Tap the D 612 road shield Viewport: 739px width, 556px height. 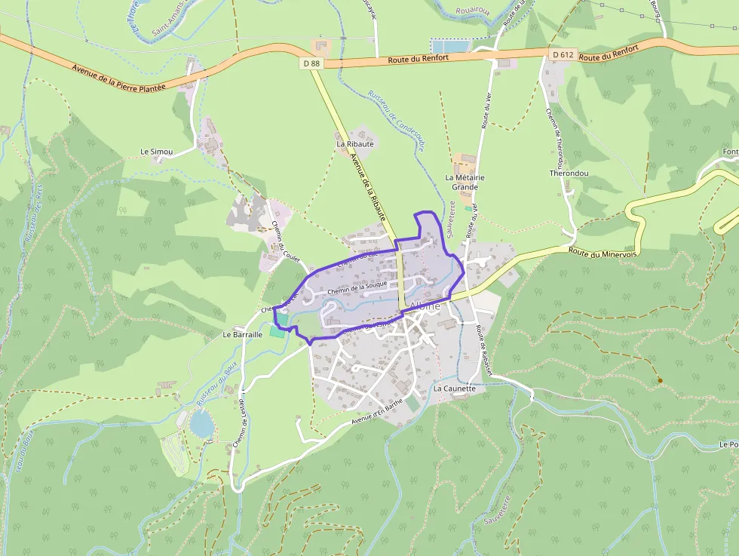(562, 54)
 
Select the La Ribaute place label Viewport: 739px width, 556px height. (355, 143)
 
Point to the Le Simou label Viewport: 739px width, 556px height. (157, 152)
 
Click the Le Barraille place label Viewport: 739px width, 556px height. (242, 333)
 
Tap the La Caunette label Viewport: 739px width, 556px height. (455, 389)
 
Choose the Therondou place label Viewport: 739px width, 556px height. (569, 173)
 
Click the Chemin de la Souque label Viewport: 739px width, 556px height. (357, 287)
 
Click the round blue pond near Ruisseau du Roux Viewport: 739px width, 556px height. (202, 425)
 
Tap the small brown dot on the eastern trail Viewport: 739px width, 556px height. (660, 380)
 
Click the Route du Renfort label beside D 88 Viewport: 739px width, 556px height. (419, 59)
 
